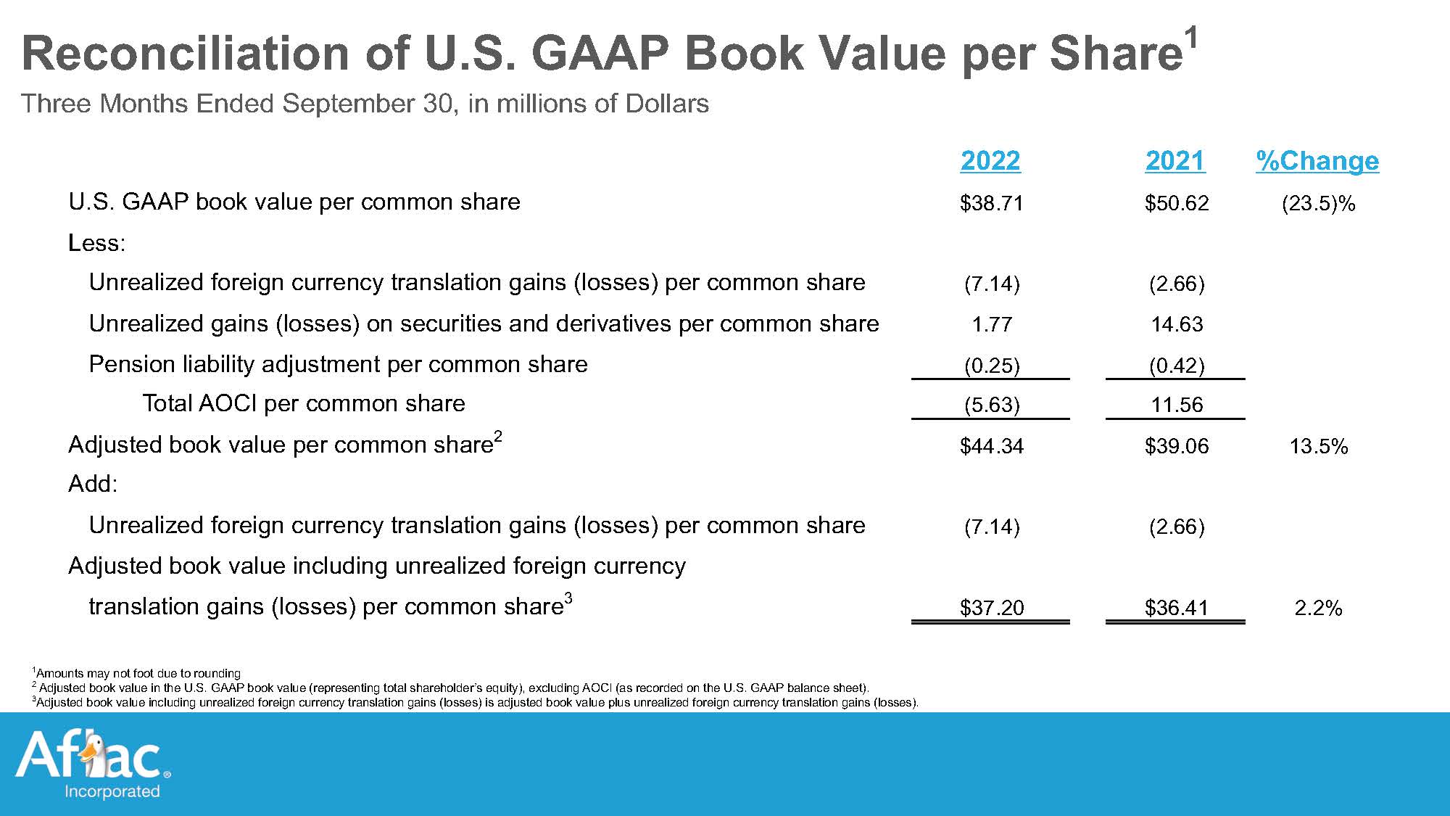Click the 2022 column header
(x=990, y=160)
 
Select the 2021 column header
(x=1175, y=160)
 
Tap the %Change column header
(x=1317, y=160)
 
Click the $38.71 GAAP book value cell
(x=991, y=203)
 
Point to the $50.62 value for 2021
(x=1177, y=203)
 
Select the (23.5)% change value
(x=1318, y=203)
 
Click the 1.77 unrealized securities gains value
(x=992, y=324)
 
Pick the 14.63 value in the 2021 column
(x=1177, y=324)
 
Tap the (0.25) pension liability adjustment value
(x=992, y=366)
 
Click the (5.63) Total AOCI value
(x=992, y=405)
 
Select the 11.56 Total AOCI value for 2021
(x=1177, y=405)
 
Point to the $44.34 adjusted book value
(x=991, y=446)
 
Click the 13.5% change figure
(x=1318, y=446)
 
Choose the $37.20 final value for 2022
(x=991, y=608)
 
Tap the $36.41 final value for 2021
(x=1177, y=608)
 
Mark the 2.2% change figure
(x=1318, y=608)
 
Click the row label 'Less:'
(x=96, y=243)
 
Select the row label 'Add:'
(x=93, y=484)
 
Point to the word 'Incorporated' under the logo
(x=112, y=791)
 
